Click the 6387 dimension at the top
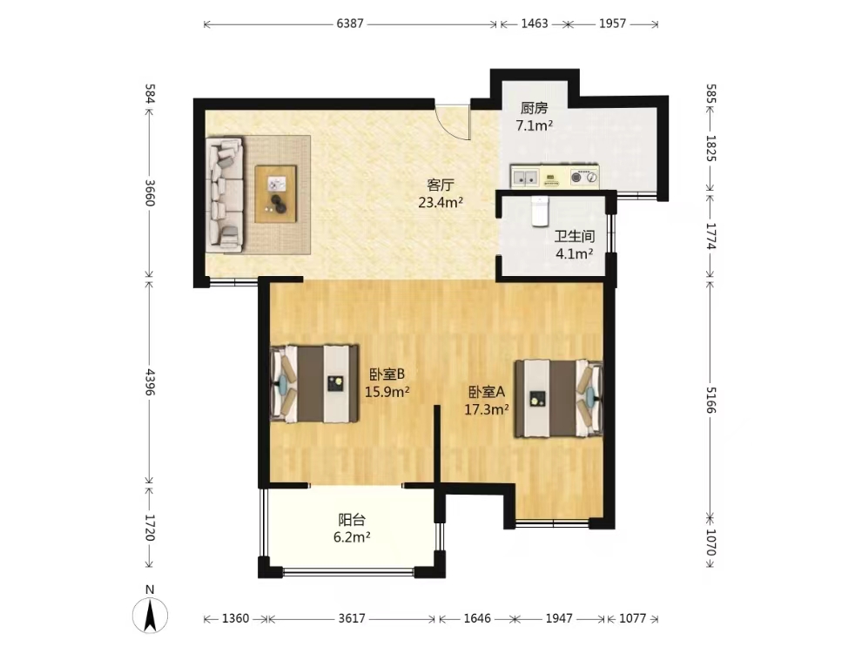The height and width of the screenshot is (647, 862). [350, 24]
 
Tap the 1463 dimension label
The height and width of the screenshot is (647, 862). [535, 24]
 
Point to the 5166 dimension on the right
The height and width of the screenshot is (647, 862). [710, 400]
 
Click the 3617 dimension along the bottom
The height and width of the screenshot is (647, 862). [351, 618]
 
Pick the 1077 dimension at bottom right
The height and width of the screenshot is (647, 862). [632, 618]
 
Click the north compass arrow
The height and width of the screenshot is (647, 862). [150, 616]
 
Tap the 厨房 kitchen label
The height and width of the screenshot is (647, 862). [535, 108]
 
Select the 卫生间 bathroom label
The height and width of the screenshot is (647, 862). [575, 237]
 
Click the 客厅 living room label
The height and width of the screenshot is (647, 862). [441, 185]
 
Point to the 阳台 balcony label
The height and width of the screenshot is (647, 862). [351, 520]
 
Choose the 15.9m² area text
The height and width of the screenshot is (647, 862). [387, 392]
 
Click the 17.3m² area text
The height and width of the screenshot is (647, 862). [487, 409]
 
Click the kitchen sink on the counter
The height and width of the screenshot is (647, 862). [525, 177]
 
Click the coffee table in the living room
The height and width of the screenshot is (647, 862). [276, 194]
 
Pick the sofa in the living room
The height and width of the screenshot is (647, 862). [225, 194]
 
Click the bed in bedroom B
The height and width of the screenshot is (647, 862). [314, 384]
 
